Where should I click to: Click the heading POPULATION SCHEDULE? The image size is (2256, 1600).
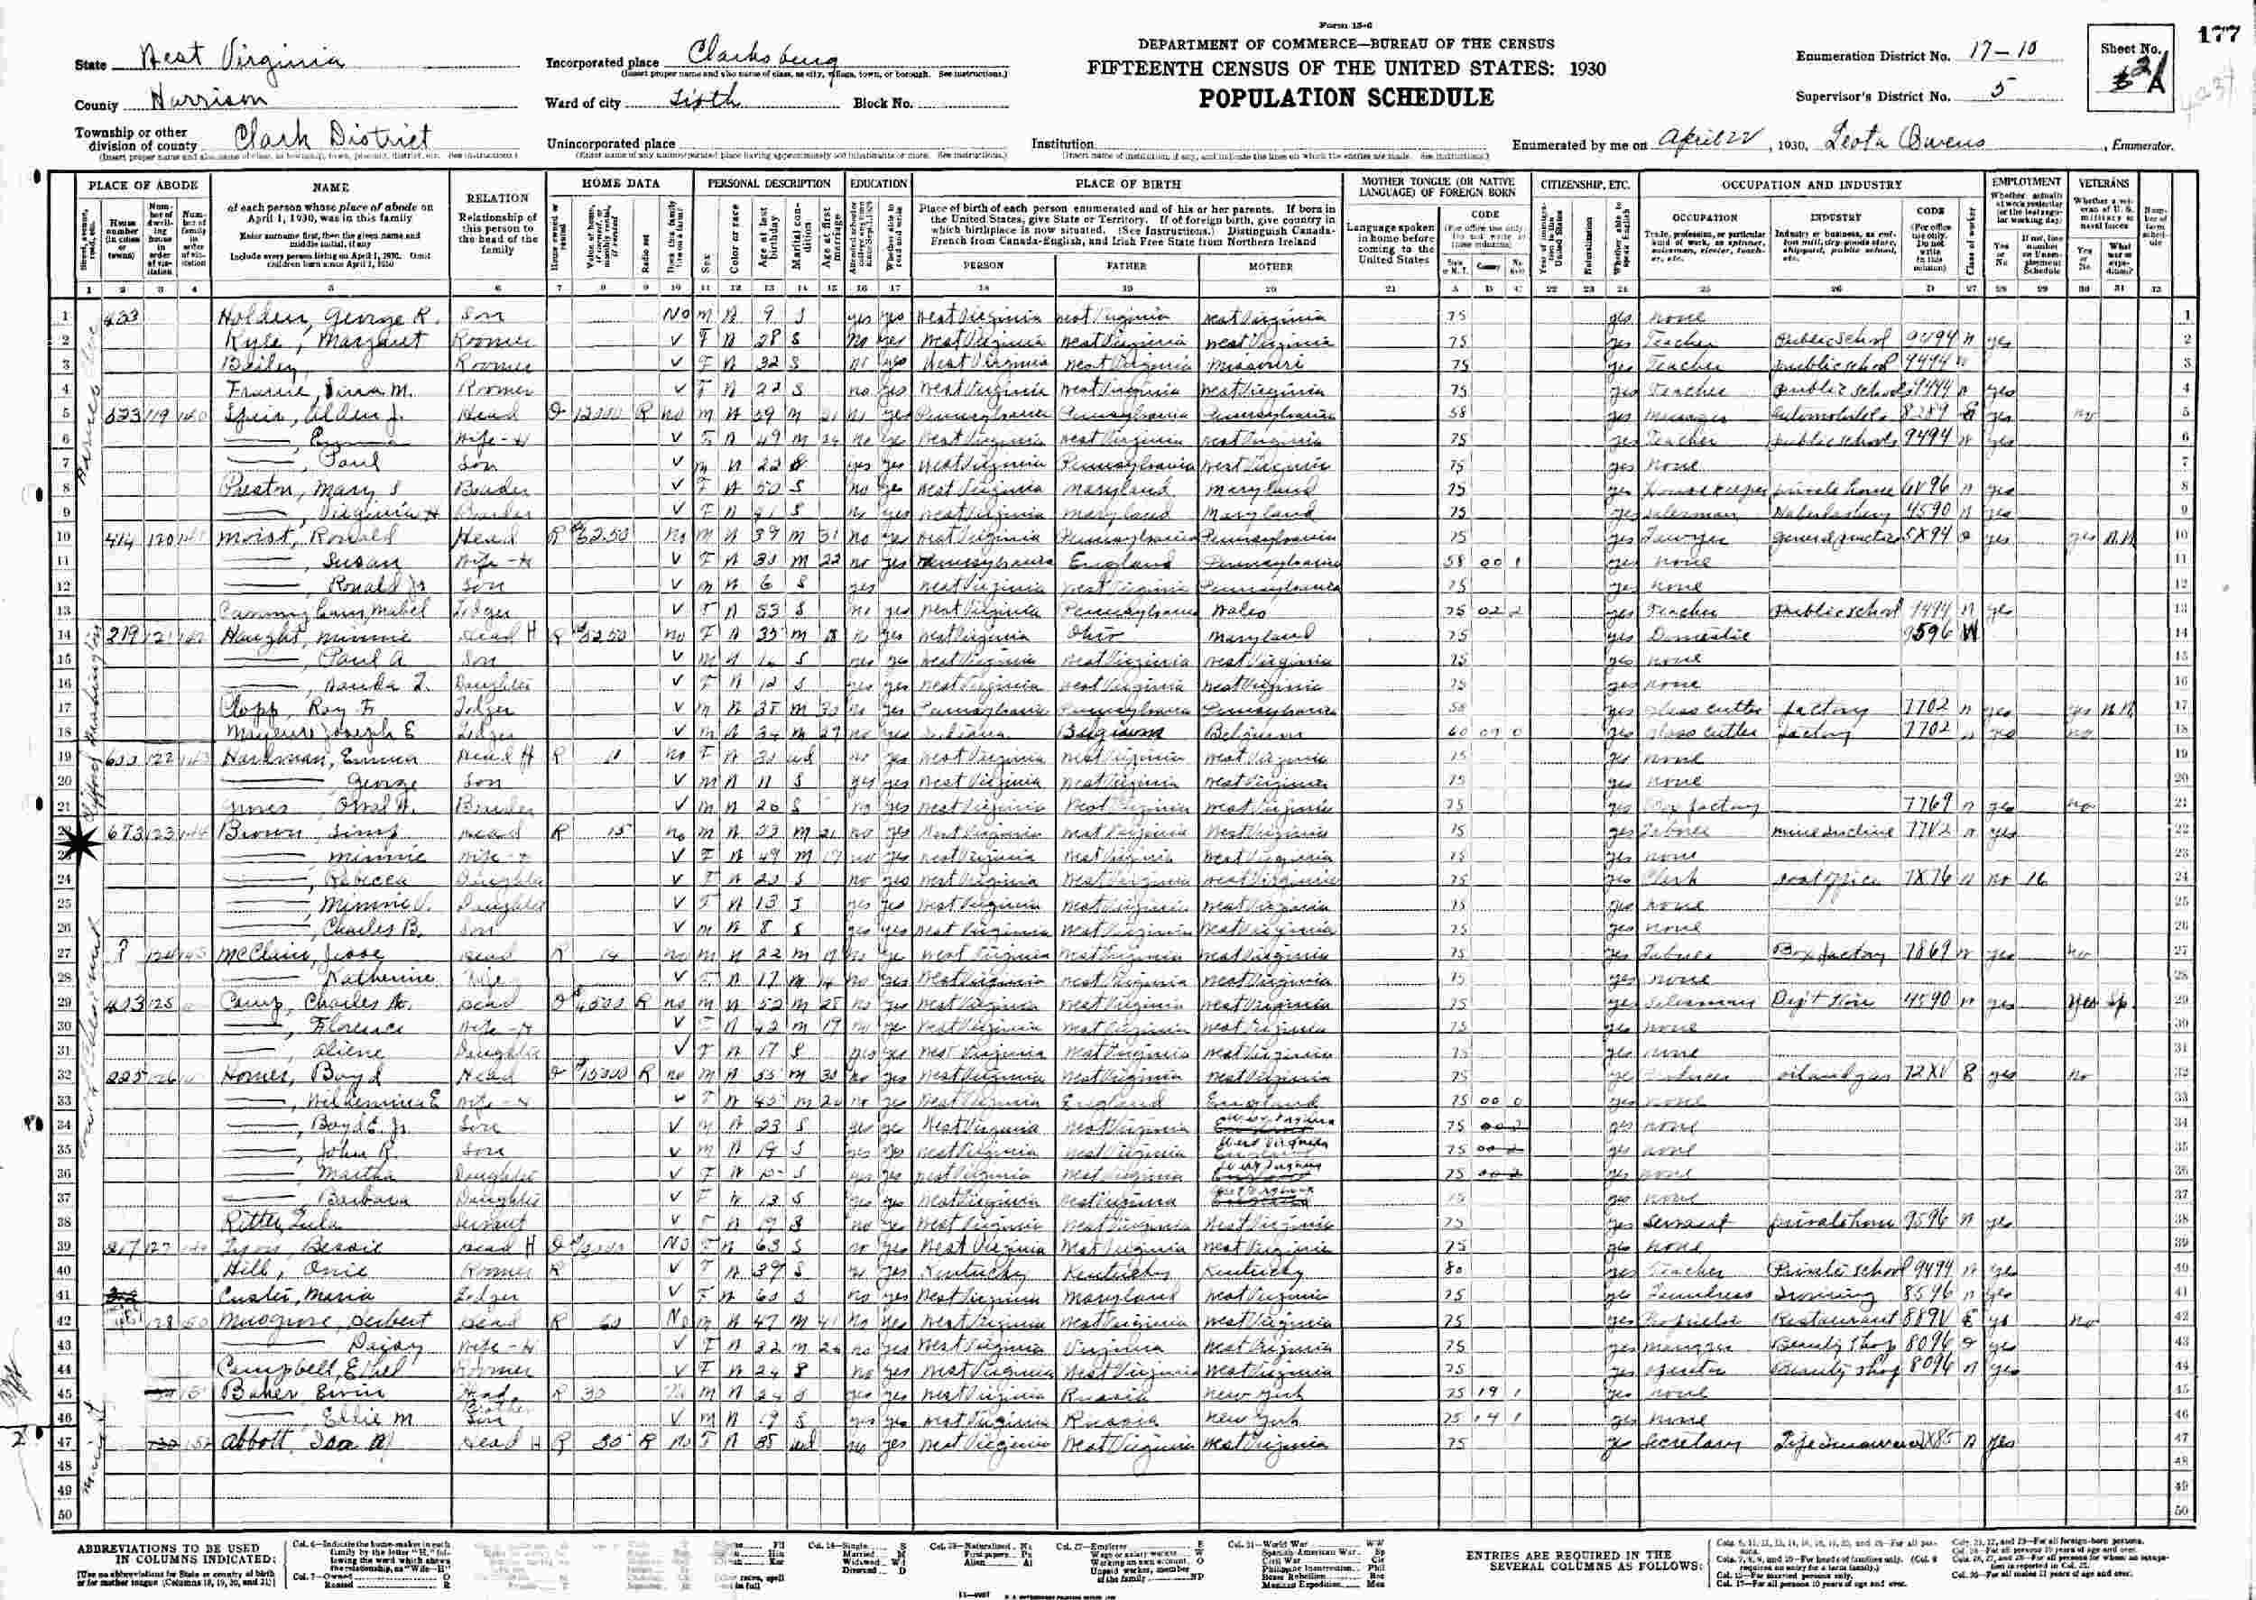(1345, 97)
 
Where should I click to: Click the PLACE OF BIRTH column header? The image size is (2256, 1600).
(1125, 183)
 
